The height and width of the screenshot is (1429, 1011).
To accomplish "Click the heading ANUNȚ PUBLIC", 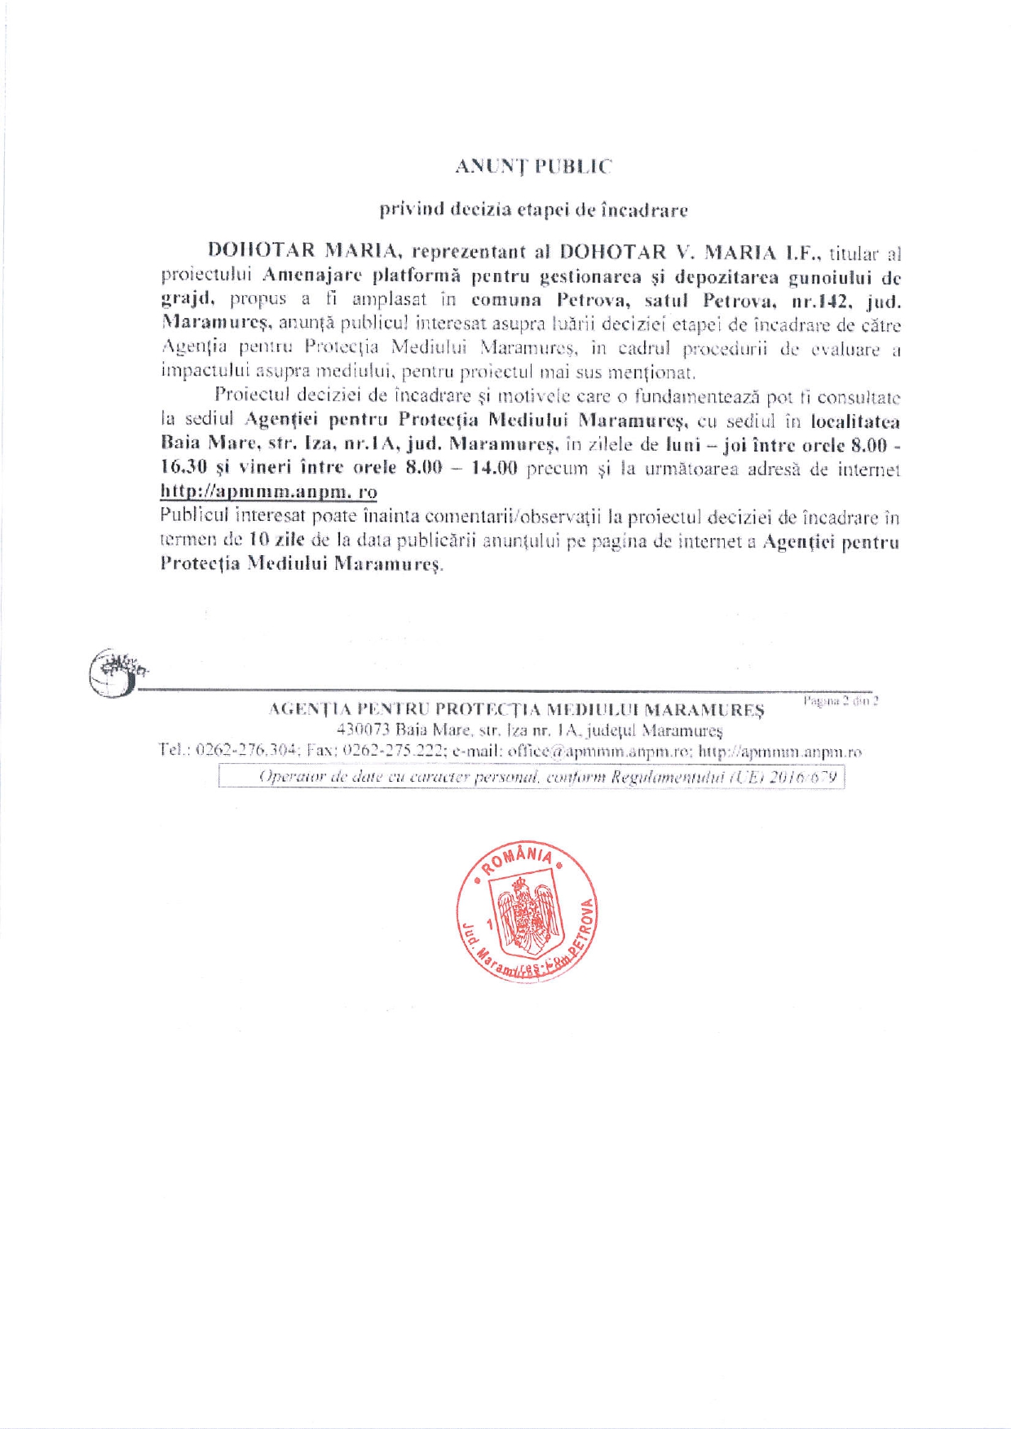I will pyautogui.click(x=532, y=166).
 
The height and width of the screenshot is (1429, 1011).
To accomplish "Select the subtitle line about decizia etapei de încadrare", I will pyautogui.click(x=533, y=209).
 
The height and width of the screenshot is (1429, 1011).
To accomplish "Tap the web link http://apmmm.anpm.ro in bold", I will pyautogui.click(x=268, y=492).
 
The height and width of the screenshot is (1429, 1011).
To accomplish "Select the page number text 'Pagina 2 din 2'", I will pyautogui.click(x=840, y=700).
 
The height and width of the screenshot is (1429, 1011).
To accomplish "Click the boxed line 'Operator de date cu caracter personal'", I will pyautogui.click(x=532, y=777).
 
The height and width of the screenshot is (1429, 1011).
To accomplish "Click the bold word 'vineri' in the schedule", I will pyautogui.click(x=265, y=468).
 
